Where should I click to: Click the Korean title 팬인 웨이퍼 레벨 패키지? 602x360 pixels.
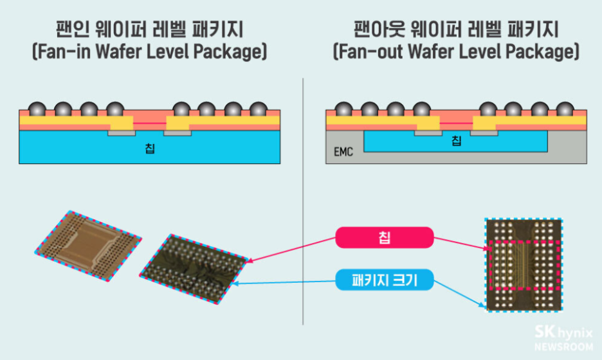[149, 30]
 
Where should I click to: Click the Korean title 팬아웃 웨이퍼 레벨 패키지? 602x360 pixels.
[455, 30]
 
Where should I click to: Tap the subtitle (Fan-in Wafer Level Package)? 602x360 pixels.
[149, 52]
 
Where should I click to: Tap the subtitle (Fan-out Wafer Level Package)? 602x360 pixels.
[455, 52]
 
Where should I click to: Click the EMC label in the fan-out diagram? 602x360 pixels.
[343, 154]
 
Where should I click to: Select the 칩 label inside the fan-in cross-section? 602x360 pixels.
[150, 149]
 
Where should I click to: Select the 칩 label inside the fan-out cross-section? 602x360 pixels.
[456, 141]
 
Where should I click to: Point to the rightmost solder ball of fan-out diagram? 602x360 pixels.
[563, 109]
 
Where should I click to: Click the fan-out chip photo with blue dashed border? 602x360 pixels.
[524, 264]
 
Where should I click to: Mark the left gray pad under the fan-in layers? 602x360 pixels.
[122, 133]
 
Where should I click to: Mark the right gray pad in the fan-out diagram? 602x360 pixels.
[485, 133]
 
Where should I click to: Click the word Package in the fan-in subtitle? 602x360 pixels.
[230, 52]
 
